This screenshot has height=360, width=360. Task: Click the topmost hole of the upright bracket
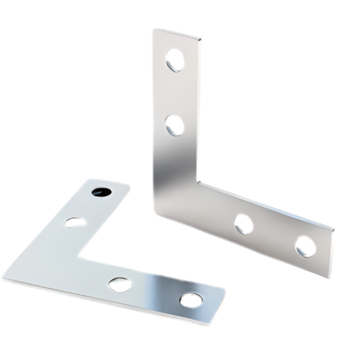pyautogui.click(x=175, y=60)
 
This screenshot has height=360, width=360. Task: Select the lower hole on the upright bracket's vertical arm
pyautogui.click(x=175, y=125)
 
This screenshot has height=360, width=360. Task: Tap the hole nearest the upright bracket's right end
pyautogui.click(x=305, y=247)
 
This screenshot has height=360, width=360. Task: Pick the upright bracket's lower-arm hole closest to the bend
pyautogui.click(x=244, y=224)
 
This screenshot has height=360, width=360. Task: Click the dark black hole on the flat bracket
pyautogui.click(x=101, y=192)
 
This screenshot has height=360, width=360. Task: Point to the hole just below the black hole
pyautogui.click(x=76, y=222)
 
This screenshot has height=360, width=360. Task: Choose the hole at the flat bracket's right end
pyautogui.click(x=191, y=299)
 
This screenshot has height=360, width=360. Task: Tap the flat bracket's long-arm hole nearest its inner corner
pyautogui.click(x=120, y=284)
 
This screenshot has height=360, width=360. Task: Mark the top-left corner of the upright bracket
pyautogui.click(x=155, y=30)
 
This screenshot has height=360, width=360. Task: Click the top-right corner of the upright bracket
pyautogui.click(x=201, y=40)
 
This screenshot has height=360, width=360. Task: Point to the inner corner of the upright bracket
pyautogui.click(x=198, y=181)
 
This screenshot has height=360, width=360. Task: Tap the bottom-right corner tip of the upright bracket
pyautogui.click(x=330, y=278)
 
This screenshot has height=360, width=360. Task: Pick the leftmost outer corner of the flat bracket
pyautogui.click(x=4, y=276)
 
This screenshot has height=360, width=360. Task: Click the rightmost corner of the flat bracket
pyautogui.click(x=224, y=290)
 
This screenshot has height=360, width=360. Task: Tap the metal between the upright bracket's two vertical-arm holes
pyautogui.click(x=176, y=93)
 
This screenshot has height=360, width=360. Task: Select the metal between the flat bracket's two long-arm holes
pyautogui.click(x=155, y=292)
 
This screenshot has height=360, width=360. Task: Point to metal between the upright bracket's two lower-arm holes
pyautogui.click(x=274, y=235)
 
